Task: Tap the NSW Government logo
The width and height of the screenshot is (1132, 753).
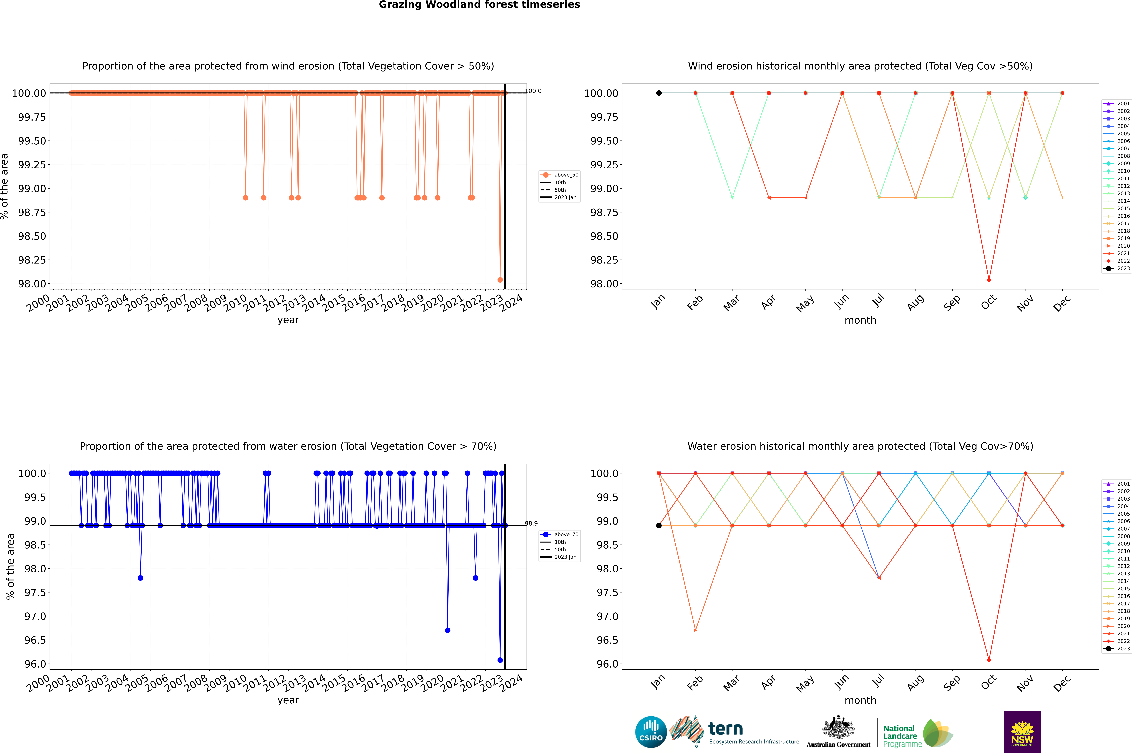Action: (1022, 732)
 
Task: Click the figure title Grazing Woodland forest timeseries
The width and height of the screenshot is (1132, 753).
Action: (479, 5)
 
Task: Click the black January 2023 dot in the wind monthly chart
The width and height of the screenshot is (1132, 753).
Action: (659, 93)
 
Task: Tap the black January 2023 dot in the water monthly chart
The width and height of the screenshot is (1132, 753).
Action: (659, 525)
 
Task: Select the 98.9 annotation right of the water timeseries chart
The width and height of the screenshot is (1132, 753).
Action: (531, 523)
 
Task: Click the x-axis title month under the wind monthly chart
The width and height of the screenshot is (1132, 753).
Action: (860, 320)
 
